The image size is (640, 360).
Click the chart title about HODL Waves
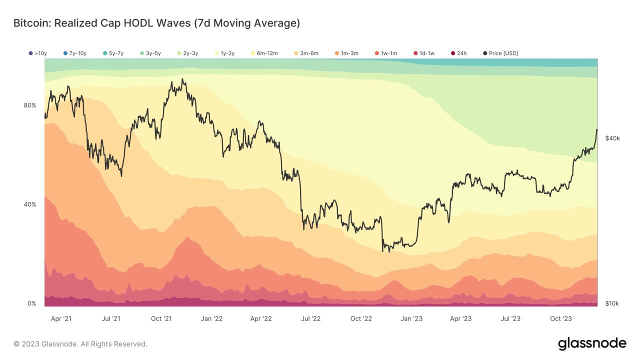pos(156,23)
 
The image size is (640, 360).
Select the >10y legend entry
pos(38,53)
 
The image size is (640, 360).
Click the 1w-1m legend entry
pos(385,53)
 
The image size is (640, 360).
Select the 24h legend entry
pos(458,53)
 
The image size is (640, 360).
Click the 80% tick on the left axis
pos(30,105)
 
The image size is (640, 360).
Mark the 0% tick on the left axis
pos(31,303)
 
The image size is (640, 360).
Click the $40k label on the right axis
pos(612,138)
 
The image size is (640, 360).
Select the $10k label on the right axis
pos(612,303)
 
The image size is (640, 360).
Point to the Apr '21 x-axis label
pos(61,318)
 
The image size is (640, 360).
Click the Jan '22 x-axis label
pos(211,318)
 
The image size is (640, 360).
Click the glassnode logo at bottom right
pos(592,343)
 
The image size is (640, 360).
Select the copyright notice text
pos(80,344)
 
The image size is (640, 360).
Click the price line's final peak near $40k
pos(596,130)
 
